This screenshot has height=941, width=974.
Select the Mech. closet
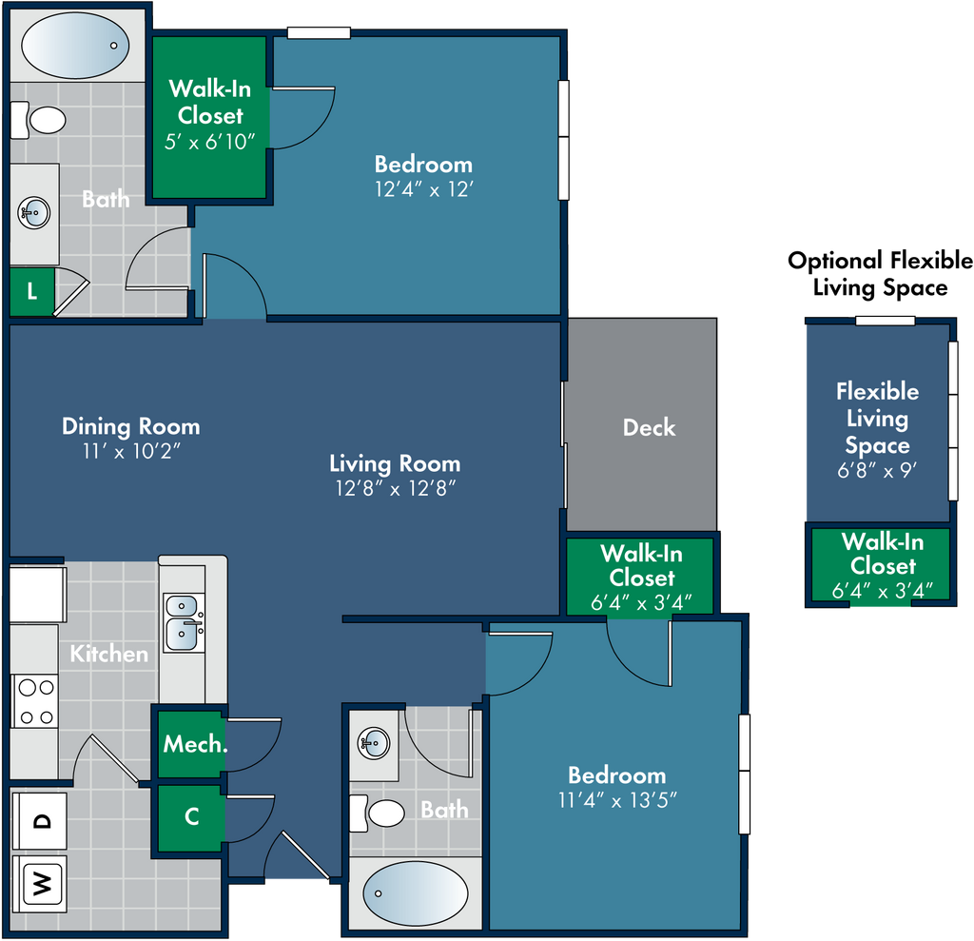pos(190,743)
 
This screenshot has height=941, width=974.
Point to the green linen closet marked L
pos(31,291)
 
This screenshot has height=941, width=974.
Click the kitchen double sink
pos(184,622)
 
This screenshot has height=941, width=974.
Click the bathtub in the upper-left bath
pos(76,46)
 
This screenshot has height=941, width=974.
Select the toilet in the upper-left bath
pos(38,120)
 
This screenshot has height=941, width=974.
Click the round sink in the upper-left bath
pos(33,212)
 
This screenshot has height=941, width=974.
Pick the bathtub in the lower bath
pos(416,893)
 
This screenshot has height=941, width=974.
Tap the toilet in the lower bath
pos(377,813)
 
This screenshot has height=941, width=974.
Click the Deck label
pos(649,427)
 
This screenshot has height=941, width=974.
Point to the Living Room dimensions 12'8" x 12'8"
pos(396,488)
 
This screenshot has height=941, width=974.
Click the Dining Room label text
pos(131,426)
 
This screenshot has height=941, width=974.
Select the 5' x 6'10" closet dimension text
pos(210,143)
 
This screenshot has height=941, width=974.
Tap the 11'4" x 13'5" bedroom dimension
pos(617,800)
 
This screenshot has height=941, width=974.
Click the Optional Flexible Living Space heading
pos(880,274)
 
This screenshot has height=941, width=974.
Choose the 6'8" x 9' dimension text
pos(877,470)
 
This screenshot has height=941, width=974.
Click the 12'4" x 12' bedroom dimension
pos(423,189)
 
